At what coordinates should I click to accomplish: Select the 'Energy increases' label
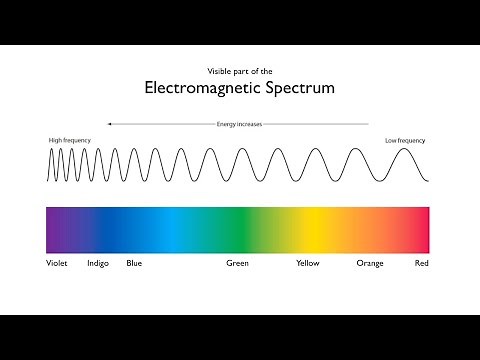(239, 124)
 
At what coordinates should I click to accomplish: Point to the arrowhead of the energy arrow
(109, 124)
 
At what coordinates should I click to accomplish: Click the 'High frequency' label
(67, 140)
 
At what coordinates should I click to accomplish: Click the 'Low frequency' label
(406, 140)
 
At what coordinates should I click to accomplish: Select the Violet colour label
(57, 264)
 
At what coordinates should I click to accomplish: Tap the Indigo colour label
(98, 264)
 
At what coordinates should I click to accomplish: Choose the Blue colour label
(134, 264)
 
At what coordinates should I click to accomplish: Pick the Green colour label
(237, 264)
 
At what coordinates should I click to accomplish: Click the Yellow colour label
(308, 264)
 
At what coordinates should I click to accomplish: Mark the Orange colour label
(370, 264)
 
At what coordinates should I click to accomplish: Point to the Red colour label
(422, 264)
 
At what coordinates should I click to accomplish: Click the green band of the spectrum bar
(237, 229)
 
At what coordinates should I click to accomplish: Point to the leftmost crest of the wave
(51, 150)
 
